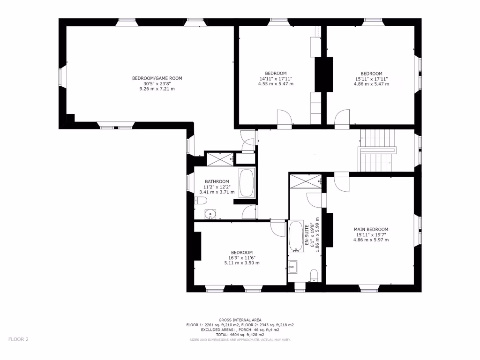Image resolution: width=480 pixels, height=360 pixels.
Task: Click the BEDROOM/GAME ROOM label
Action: pyautogui.click(x=157, y=78)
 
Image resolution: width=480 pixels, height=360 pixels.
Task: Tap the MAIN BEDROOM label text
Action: pyautogui.click(x=371, y=229)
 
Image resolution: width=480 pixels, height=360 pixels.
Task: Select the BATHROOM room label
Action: pyautogui.click(x=217, y=181)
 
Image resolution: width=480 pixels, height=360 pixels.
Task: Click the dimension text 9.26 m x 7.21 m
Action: pyautogui.click(x=157, y=89)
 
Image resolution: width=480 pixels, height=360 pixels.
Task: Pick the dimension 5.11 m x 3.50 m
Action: pyautogui.click(x=241, y=263)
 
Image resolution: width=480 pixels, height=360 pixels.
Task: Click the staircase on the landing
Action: pyautogui.click(x=377, y=150)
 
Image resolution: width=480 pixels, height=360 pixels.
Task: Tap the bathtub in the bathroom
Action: pyautogui.click(x=247, y=183)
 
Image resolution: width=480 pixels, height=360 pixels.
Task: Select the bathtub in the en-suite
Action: pyautogui.click(x=296, y=237)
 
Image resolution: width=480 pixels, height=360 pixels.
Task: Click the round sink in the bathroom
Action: pyautogui.click(x=211, y=215)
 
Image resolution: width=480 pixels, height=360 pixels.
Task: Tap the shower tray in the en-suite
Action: pyautogui.click(x=306, y=180)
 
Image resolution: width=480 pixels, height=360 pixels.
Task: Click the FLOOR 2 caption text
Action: pyautogui.click(x=18, y=339)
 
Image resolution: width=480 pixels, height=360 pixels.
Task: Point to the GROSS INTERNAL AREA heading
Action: pyautogui.click(x=240, y=320)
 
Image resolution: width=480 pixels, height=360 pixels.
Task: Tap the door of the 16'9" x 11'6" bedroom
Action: pyautogui.click(x=278, y=229)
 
